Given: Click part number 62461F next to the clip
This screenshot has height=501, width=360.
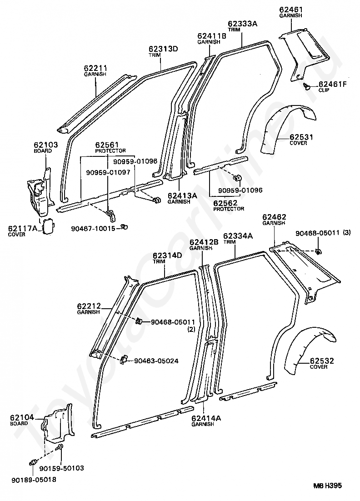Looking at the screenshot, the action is (x=332, y=85).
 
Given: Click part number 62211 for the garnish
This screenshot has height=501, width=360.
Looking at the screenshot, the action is (x=95, y=68).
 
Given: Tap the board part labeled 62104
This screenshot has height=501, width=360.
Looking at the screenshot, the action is (x=59, y=423).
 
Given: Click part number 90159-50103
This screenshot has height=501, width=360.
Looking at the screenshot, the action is (x=62, y=468).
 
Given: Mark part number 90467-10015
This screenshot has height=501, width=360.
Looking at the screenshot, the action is (x=93, y=229).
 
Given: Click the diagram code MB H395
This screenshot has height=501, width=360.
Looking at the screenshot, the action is (x=327, y=486).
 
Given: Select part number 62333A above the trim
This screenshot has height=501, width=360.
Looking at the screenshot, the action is (x=242, y=24).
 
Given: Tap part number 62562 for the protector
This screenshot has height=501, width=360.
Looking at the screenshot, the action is (x=225, y=203).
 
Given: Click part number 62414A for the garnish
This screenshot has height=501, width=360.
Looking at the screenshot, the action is (x=206, y=418).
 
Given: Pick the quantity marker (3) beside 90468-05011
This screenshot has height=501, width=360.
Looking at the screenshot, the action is (x=346, y=233).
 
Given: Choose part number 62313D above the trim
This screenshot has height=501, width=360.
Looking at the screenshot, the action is (x=163, y=49).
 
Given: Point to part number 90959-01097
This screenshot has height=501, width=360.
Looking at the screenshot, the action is (x=108, y=173).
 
